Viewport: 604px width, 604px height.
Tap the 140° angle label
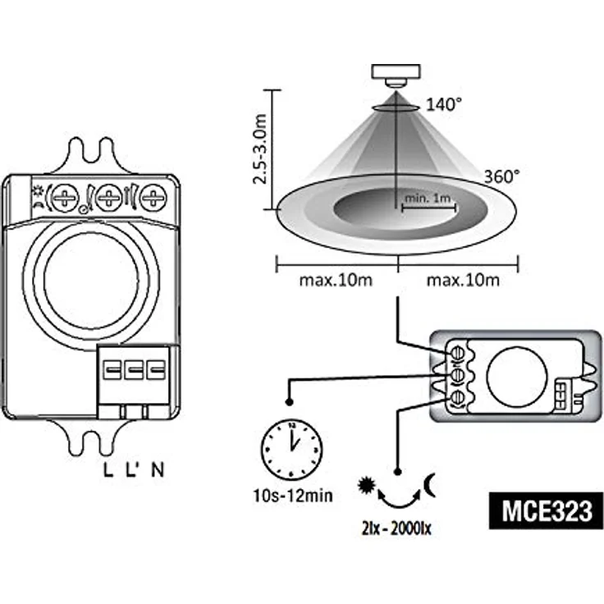point(444,104)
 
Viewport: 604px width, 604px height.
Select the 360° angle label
point(501,176)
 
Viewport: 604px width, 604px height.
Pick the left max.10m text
point(335,281)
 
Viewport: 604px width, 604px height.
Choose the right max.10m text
point(462,281)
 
